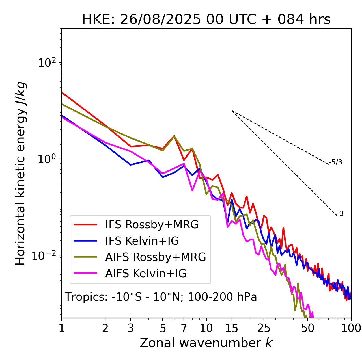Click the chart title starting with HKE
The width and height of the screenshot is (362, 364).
click(206, 20)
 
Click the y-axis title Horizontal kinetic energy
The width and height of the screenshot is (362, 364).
click(20, 173)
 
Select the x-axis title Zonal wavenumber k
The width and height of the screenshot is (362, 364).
click(206, 343)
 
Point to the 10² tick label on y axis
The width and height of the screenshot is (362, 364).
click(47, 63)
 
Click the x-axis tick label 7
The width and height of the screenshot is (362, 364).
click(184, 328)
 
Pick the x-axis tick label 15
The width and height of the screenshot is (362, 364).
click(232, 328)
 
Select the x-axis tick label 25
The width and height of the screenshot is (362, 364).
click(264, 328)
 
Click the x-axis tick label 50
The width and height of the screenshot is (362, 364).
click(307, 328)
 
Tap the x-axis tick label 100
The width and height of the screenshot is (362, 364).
click(351, 328)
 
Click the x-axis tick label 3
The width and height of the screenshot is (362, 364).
click(131, 328)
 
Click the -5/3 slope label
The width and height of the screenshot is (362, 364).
click(336, 162)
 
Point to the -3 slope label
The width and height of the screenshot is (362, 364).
click(340, 214)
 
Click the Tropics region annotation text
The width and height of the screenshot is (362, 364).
click(161, 297)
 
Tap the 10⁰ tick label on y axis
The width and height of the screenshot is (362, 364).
click(47, 159)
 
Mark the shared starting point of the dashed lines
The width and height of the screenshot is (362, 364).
click(232, 111)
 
